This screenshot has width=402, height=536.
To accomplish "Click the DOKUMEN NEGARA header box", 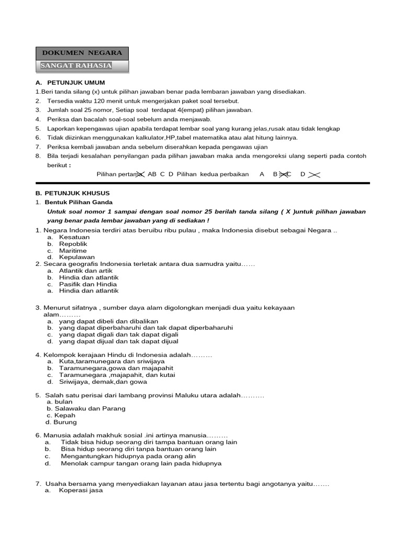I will click(82, 53).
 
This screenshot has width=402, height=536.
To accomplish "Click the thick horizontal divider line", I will click(203, 183).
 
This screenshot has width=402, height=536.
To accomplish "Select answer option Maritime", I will click(73, 251).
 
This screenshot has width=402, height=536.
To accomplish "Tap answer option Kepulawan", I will click(77, 258).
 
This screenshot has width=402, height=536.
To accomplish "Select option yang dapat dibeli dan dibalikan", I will click(108, 321).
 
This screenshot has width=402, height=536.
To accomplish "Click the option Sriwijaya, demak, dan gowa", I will click(103, 382).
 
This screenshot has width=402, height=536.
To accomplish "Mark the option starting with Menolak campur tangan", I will click(141, 463).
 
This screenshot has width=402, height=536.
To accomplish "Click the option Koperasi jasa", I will click(81, 490).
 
